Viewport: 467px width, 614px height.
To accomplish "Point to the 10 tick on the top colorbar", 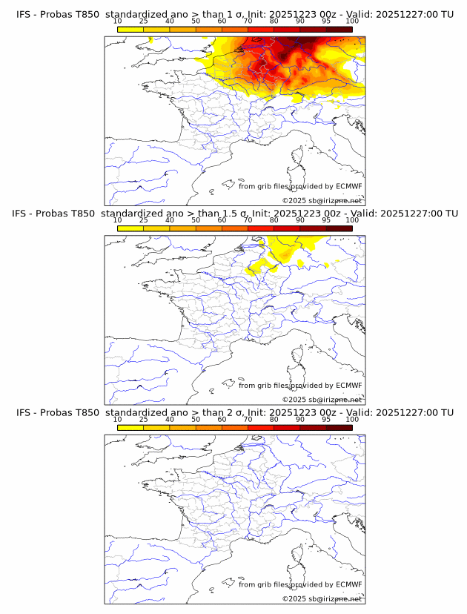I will point(118,22).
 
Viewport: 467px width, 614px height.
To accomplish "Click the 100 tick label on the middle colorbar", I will point(352,220).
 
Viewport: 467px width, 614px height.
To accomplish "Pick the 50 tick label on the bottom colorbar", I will point(196,419).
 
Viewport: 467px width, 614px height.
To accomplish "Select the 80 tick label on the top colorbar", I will point(274,22).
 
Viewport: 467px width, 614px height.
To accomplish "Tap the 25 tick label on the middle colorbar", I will point(144,220).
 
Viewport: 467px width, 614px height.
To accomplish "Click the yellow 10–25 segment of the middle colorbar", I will point(130,228).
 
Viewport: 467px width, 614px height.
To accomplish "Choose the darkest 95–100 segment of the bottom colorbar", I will point(339,427).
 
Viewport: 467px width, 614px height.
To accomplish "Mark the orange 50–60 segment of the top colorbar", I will point(208,30).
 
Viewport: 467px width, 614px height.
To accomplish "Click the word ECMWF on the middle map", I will point(348,386).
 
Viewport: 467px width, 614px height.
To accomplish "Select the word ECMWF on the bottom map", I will point(348,584).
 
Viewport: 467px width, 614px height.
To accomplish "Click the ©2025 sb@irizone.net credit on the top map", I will point(322,201).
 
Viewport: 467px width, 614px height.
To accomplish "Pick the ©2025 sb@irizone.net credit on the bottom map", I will point(322,598).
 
